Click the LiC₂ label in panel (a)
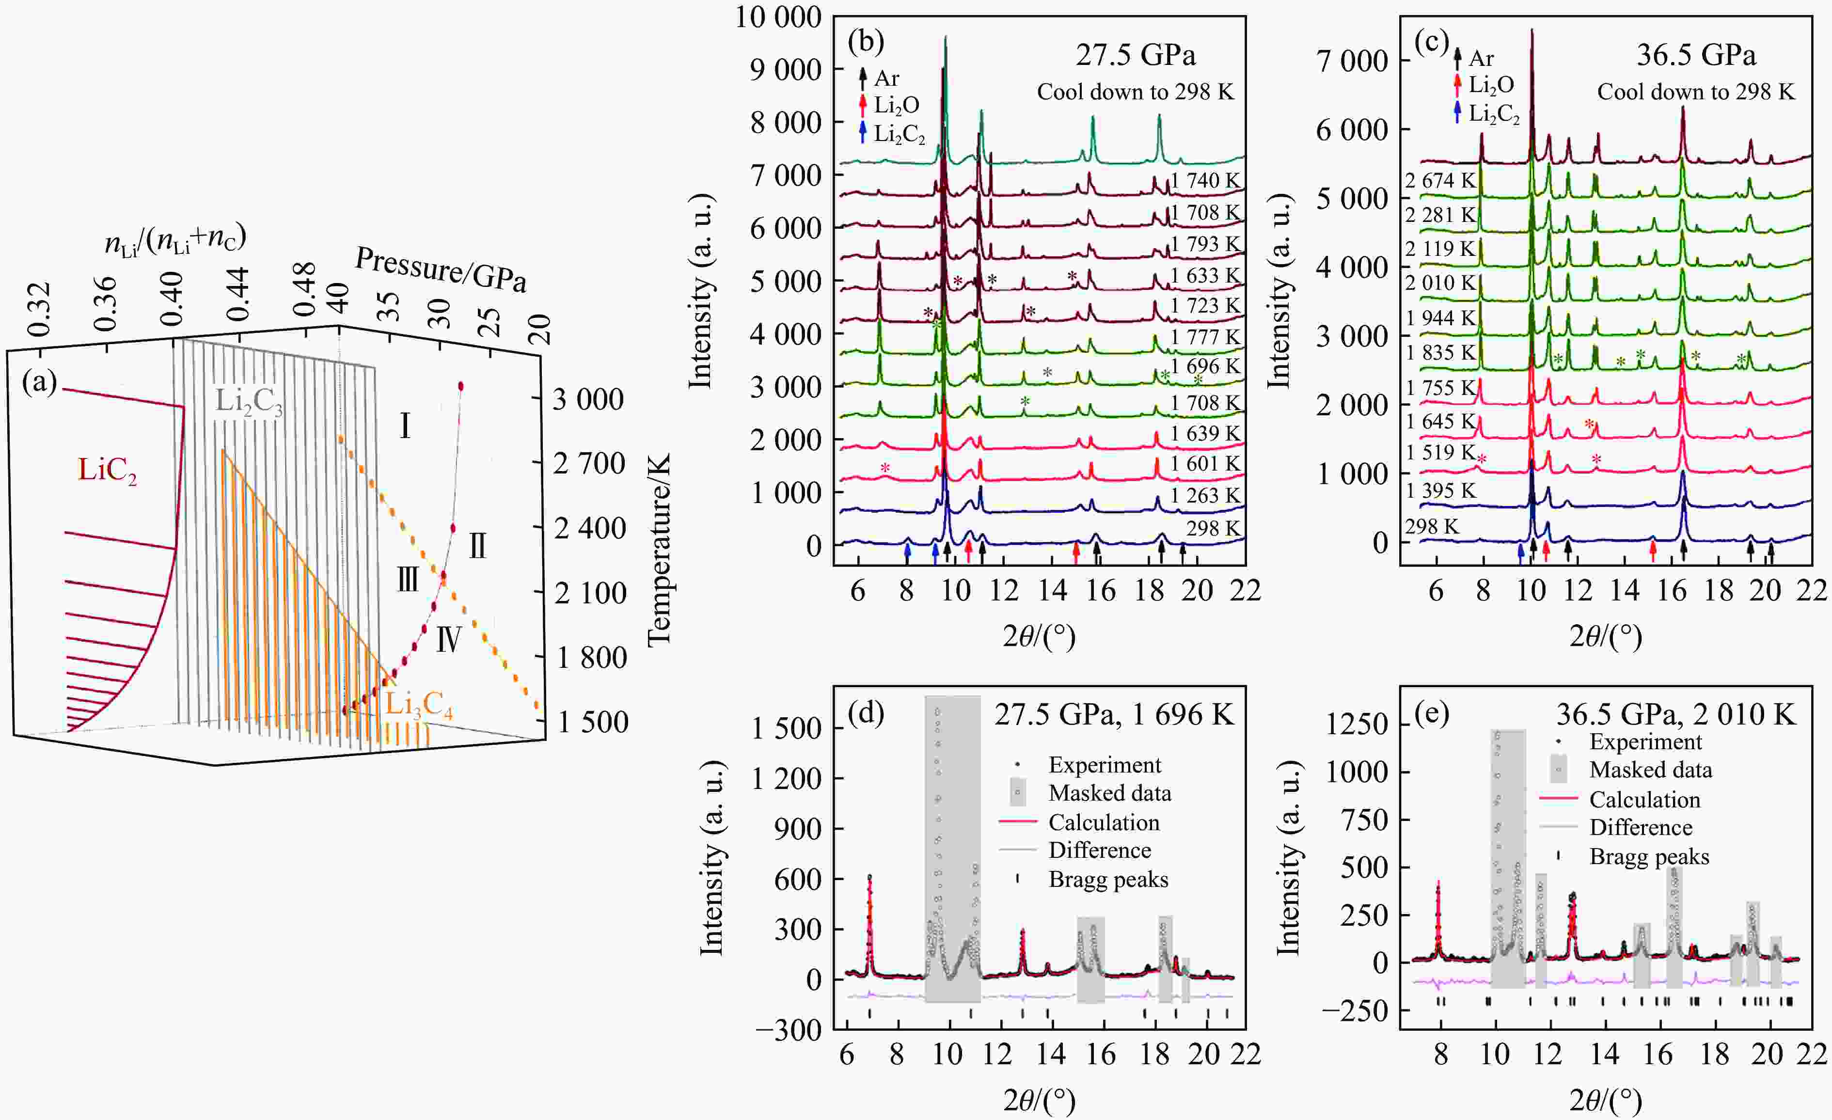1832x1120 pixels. click(107, 471)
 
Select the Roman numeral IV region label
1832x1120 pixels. click(448, 639)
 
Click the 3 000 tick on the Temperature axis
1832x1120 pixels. click(587, 399)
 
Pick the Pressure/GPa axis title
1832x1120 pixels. click(441, 269)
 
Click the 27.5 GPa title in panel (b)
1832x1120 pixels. click(1136, 55)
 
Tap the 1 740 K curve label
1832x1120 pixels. click(1204, 181)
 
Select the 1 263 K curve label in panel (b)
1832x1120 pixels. click(1204, 495)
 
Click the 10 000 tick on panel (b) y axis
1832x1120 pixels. click(778, 16)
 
